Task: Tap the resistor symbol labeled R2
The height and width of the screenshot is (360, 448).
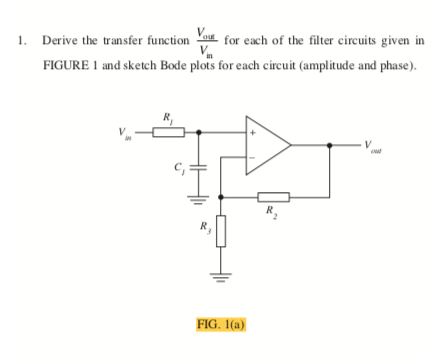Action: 273,195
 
